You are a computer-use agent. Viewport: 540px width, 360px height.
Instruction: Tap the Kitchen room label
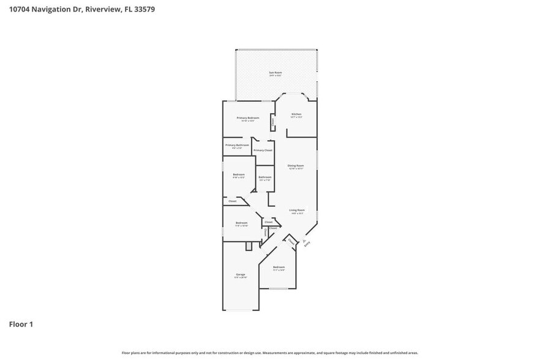[296, 114]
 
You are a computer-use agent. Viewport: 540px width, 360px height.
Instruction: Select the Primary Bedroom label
[248, 118]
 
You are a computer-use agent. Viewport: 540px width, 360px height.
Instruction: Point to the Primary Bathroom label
[237, 145]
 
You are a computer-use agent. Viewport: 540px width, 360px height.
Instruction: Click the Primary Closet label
[263, 150]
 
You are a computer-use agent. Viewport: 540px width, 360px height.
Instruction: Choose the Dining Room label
[296, 166]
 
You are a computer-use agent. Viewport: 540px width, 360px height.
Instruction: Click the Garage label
[241, 274]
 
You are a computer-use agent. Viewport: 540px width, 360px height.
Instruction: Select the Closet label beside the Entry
[291, 241]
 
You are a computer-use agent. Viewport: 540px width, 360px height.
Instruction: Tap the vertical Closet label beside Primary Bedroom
[272, 122]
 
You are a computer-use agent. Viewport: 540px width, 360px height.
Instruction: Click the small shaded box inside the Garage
[249, 246]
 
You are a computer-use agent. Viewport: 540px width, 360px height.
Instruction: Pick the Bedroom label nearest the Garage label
[279, 267]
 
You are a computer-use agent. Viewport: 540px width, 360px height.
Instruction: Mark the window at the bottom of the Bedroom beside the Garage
[279, 288]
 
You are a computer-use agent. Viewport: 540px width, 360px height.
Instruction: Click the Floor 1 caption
[21, 324]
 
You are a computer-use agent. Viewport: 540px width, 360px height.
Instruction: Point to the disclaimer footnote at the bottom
[269, 353]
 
